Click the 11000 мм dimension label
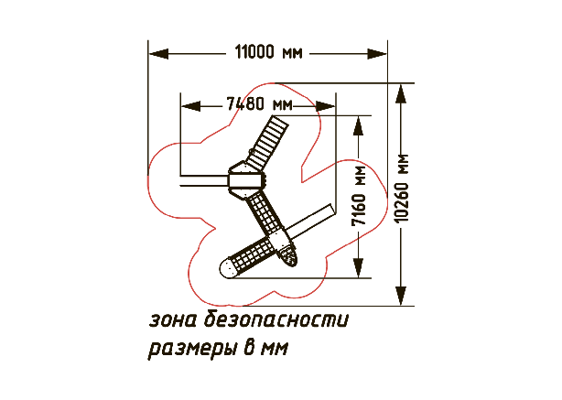268,52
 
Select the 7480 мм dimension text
259,104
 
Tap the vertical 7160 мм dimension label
359,196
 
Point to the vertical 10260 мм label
402,188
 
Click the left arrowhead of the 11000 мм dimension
158,54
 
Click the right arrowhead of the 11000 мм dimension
377,54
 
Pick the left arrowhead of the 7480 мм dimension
191,106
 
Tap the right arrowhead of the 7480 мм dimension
325,106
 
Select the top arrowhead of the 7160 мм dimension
359,125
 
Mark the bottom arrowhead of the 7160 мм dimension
359,268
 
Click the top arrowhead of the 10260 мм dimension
401,93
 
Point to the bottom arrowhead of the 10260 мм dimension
401,296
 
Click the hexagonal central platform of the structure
247,180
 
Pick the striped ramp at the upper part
269,143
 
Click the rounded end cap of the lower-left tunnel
226,268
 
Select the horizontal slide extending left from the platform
204,180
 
